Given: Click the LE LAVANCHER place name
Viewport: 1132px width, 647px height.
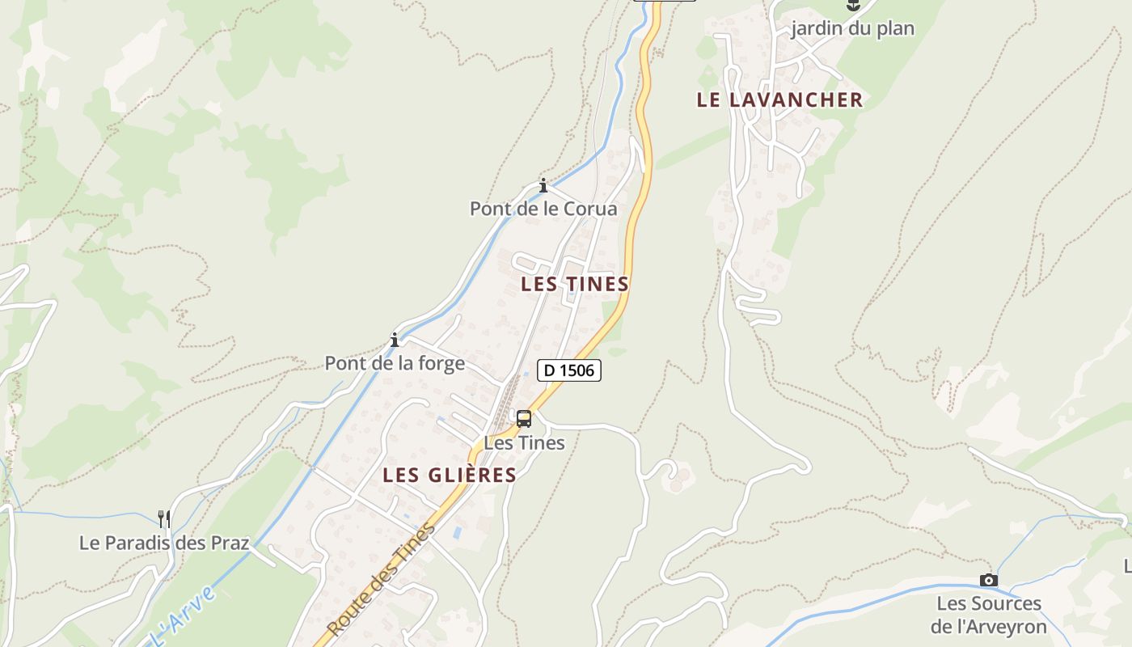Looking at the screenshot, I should (x=779, y=99).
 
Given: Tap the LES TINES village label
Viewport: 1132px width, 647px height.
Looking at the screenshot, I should (x=575, y=284).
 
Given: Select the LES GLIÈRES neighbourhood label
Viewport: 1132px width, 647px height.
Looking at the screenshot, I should (x=449, y=475).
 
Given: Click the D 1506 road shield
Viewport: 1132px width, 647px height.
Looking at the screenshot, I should (x=569, y=370).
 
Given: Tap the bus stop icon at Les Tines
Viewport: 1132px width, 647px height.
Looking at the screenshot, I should (x=524, y=419).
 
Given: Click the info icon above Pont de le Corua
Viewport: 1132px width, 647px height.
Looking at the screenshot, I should (x=543, y=185).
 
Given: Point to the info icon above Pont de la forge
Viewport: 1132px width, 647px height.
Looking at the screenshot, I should (x=395, y=340).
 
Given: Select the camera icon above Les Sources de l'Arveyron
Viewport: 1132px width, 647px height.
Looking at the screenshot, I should (x=988, y=580).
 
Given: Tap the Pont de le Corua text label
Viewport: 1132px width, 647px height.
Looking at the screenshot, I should (x=543, y=209).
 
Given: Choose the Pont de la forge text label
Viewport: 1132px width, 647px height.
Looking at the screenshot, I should (x=395, y=363).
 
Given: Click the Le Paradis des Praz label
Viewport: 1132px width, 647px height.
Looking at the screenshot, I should (x=164, y=542).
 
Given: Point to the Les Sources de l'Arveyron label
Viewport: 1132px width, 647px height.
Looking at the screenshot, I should (x=988, y=615).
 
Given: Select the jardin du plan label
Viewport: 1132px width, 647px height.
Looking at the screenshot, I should (x=852, y=29).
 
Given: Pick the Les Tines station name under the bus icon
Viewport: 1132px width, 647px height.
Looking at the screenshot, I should (x=524, y=442).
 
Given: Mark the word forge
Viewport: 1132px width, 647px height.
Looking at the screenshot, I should (x=441, y=363).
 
